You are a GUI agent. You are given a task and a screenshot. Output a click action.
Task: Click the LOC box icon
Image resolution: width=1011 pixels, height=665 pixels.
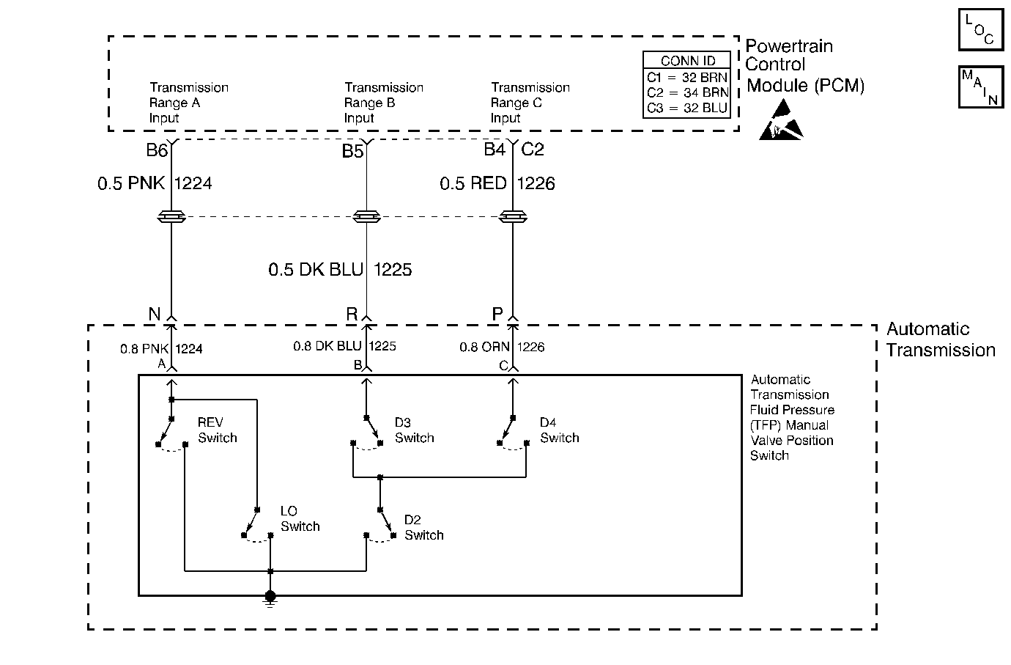pos(980,29)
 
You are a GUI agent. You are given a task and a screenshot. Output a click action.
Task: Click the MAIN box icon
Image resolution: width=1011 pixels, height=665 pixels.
pos(980,87)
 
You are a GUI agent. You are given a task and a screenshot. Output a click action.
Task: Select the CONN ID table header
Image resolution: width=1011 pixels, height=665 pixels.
pos(687,61)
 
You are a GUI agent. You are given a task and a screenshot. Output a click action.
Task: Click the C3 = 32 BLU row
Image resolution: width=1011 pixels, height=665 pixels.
pos(687,109)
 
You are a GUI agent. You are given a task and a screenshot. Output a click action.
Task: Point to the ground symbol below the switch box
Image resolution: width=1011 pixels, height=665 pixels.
pos(270,599)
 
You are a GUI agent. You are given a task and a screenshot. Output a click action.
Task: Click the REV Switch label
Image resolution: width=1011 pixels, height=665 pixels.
pos(217,430)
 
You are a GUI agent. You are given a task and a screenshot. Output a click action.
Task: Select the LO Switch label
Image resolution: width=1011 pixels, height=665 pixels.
pos(300,518)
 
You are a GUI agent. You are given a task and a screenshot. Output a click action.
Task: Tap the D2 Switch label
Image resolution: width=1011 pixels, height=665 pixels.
pos(423,528)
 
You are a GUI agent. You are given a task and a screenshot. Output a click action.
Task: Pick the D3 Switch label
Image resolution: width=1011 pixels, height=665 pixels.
pos(415,430)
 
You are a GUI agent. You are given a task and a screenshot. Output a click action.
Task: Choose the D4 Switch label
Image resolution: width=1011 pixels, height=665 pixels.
pos(559,430)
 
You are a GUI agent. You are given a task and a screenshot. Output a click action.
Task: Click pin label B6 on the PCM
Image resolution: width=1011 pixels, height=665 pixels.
pos(157,150)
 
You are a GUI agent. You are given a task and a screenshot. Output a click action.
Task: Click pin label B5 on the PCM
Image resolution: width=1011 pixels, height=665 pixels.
pos(352,151)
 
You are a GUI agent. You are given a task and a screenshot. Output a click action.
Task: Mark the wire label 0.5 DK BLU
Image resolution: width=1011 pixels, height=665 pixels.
pos(316,270)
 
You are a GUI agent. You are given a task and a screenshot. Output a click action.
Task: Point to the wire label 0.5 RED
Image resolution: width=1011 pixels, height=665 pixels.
pos(473,183)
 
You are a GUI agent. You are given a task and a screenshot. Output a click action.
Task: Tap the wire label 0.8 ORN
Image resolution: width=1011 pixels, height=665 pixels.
pos(484,347)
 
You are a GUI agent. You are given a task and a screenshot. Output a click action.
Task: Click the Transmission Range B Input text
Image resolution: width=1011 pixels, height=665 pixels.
pos(384,103)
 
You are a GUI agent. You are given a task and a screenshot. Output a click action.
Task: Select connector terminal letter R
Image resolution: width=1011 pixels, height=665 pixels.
pos(352,314)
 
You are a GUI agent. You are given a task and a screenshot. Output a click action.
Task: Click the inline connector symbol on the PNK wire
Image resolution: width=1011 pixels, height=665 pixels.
pos(171,217)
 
